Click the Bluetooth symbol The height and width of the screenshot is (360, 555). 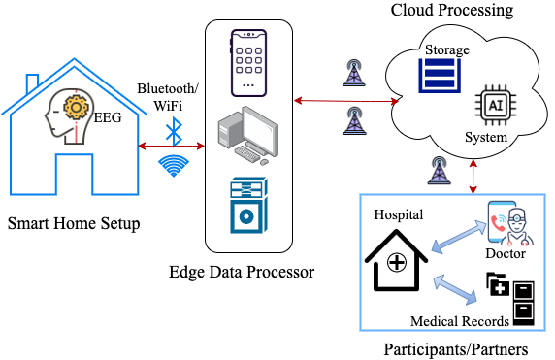(x=174, y=130)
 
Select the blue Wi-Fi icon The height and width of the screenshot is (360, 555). (x=174, y=165)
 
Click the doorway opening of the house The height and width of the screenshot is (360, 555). (x=74, y=175)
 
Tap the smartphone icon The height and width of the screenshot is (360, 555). (x=248, y=62)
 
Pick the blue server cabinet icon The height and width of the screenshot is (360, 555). (x=248, y=206)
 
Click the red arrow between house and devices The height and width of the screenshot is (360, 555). (x=173, y=146)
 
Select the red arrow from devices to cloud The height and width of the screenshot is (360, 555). (x=346, y=100)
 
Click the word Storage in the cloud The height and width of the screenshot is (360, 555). (x=446, y=49)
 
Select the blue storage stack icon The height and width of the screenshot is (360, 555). (x=440, y=76)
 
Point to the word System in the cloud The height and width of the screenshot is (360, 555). (x=485, y=138)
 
